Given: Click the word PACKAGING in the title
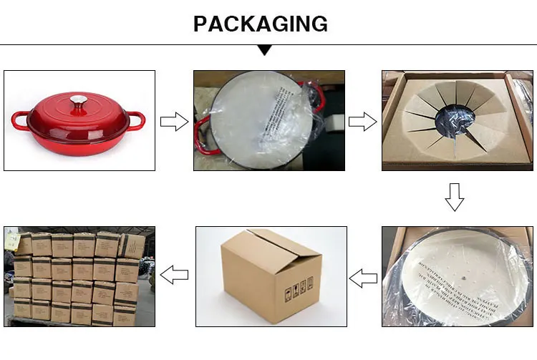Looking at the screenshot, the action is pos(261,24).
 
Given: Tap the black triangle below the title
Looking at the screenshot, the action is pos(265,50).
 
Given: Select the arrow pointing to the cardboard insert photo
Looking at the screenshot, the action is pos(362,121).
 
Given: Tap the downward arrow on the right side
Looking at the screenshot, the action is pos(455,197).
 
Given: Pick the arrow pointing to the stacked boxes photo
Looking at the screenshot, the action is pos(174,274).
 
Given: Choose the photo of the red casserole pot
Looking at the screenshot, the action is pos(79,120).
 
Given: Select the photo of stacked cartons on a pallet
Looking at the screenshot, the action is pos(79,275).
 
